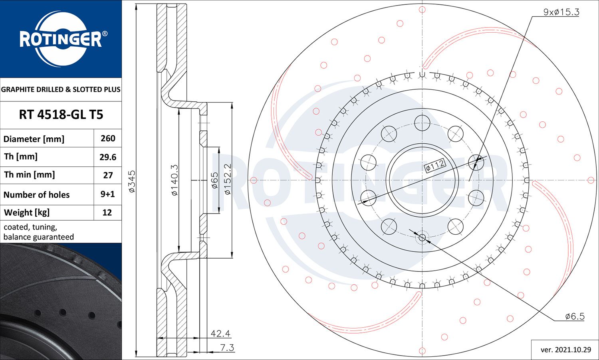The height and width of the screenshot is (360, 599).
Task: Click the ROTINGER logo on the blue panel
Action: click(61, 39)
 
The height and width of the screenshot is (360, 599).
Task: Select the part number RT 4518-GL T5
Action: click(61, 115)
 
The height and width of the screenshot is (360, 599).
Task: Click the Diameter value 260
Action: click(108, 138)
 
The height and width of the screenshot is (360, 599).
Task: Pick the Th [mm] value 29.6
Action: click(108, 157)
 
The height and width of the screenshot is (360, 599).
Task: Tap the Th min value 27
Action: click(108, 175)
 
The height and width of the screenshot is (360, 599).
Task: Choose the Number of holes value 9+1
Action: click(107, 194)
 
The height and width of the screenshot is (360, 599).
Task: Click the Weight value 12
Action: click(107, 212)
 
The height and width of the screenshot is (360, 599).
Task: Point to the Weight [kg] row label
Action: click(27, 213)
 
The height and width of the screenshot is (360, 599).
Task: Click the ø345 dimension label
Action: click(132, 181)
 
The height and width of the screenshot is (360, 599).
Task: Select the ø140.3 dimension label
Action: click(175, 180)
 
